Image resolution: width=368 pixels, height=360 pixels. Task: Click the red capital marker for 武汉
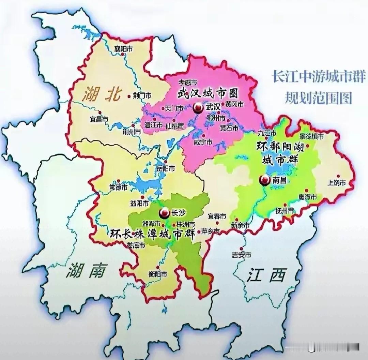197,108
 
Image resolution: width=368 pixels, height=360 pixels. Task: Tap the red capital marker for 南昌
263,180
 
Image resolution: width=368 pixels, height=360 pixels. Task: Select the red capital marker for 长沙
164,213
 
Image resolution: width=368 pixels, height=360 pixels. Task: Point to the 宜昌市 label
99,120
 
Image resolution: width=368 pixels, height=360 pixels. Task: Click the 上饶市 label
336,183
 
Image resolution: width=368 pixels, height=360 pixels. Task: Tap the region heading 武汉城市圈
208,93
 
